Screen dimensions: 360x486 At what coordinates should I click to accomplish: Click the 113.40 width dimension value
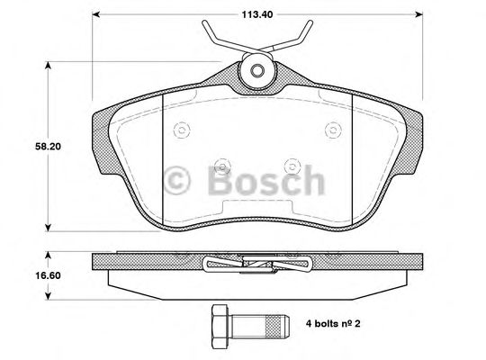click(256, 13)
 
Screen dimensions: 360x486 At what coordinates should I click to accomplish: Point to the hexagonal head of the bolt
click(219, 321)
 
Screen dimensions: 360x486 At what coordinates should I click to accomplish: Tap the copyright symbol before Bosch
click(177, 180)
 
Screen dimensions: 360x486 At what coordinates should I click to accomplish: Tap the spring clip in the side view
click(256, 264)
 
